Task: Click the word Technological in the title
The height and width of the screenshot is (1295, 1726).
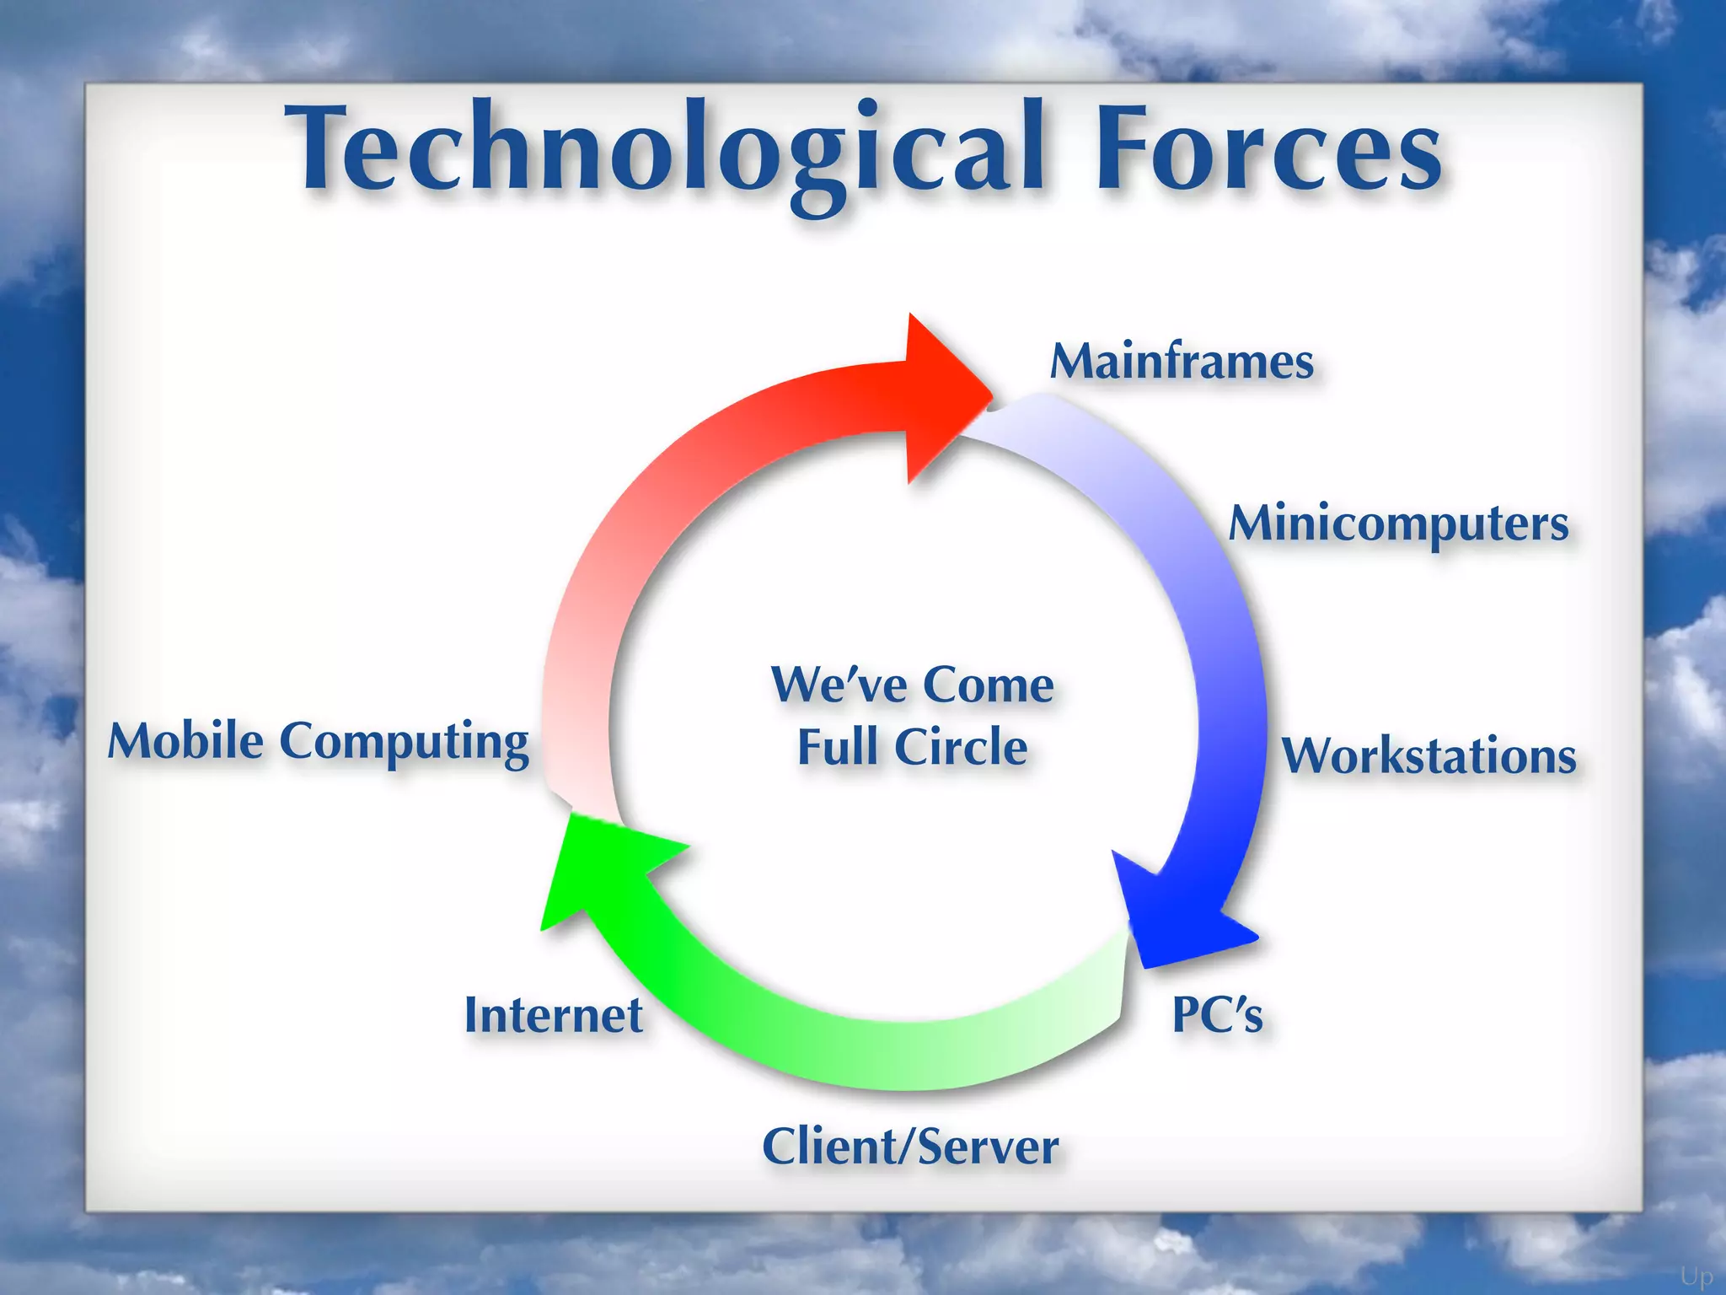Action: (666, 152)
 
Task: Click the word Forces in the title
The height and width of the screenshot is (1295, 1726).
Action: (1268, 152)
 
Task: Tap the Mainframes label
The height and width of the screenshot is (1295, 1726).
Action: (1182, 363)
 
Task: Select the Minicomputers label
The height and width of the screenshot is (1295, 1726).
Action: (1398, 524)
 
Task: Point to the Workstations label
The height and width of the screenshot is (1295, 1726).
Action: (1429, 755)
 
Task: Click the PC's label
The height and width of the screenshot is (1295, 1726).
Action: (1217, 1014)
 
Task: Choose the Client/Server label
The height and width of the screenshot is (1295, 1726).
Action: (910, 1147)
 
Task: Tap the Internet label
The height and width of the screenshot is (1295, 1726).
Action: (554, 1015)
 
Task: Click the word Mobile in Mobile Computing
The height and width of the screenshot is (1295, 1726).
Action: (185, 742)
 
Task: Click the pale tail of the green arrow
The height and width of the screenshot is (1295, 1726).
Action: (1087, 1003)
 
